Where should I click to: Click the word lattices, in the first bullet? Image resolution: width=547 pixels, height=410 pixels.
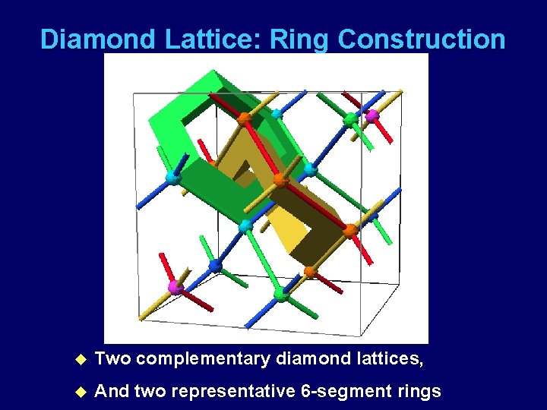click(384, 358)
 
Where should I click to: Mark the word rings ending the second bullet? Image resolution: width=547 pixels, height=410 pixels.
click(417, 392)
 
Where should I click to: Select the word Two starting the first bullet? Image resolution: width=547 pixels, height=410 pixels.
click(112, 358)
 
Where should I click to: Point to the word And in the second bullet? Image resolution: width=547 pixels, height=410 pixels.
click(112, 392)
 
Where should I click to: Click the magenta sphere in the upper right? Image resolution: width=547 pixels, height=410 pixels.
click(372, 116)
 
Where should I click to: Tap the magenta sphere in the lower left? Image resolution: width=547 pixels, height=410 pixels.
click(175, 287)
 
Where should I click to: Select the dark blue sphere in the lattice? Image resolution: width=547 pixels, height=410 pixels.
click(215, 266)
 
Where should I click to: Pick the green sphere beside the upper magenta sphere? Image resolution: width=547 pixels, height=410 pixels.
click(350, 119)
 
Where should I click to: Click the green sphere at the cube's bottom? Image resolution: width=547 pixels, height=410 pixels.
click(282, 295)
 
